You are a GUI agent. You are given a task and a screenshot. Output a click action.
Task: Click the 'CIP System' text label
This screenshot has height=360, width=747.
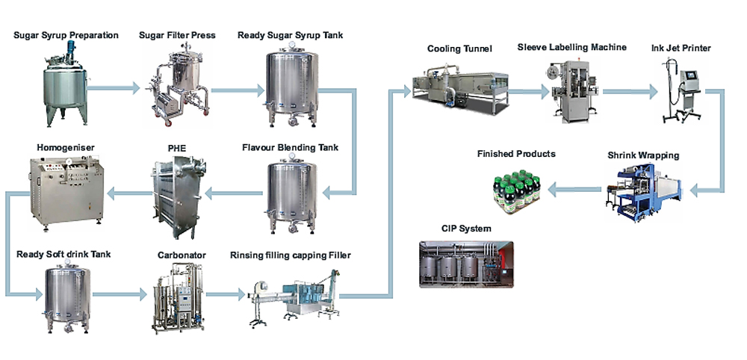coord(465,229)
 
